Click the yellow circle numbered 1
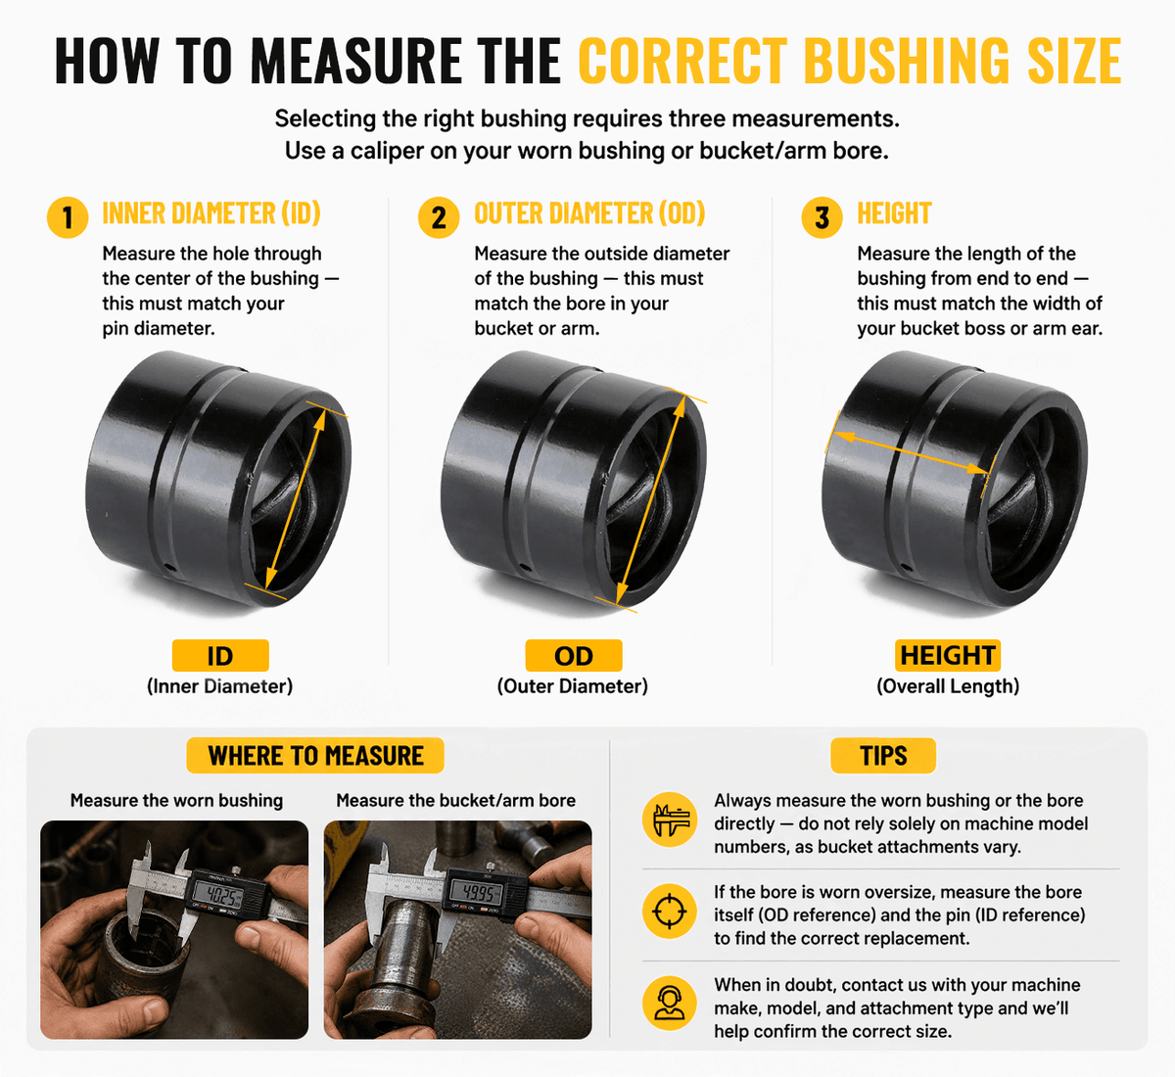pos(68,217)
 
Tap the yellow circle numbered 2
pos(439,217)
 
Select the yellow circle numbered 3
pos(822,217)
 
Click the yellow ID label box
pos(220,655)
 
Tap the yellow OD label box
pos(574,655)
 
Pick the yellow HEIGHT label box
pos(948,655)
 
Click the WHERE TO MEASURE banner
pos(315,755)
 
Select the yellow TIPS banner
pos(883,755)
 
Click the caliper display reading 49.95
pos(475,892)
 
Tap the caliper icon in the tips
pos(670,819)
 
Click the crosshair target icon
pos(670,912)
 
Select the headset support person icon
pos(670,1004)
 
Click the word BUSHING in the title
pos(911,61)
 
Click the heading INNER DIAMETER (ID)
pos(211,213)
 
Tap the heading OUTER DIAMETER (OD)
pos(589,213)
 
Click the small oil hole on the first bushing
pos(169,568)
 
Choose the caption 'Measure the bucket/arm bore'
pos(455,801)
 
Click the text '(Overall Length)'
pos(948,686)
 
